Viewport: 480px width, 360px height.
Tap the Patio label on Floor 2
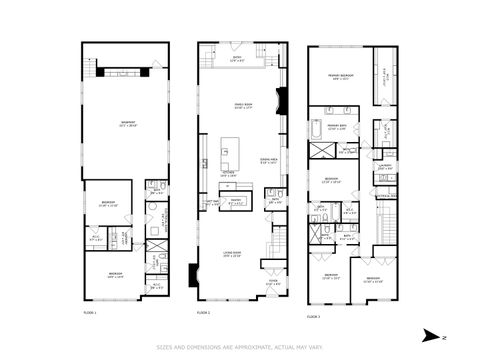pos(238,58)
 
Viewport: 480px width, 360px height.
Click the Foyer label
pos(273,281)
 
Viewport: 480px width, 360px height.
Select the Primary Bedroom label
pos(345,76)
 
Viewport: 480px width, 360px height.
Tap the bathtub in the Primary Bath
pos(316,128)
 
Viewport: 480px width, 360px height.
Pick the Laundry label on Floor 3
pos(385,167)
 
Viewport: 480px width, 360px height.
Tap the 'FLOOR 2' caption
pos(204,312)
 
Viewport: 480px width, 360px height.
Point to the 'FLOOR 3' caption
pos(313,316)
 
